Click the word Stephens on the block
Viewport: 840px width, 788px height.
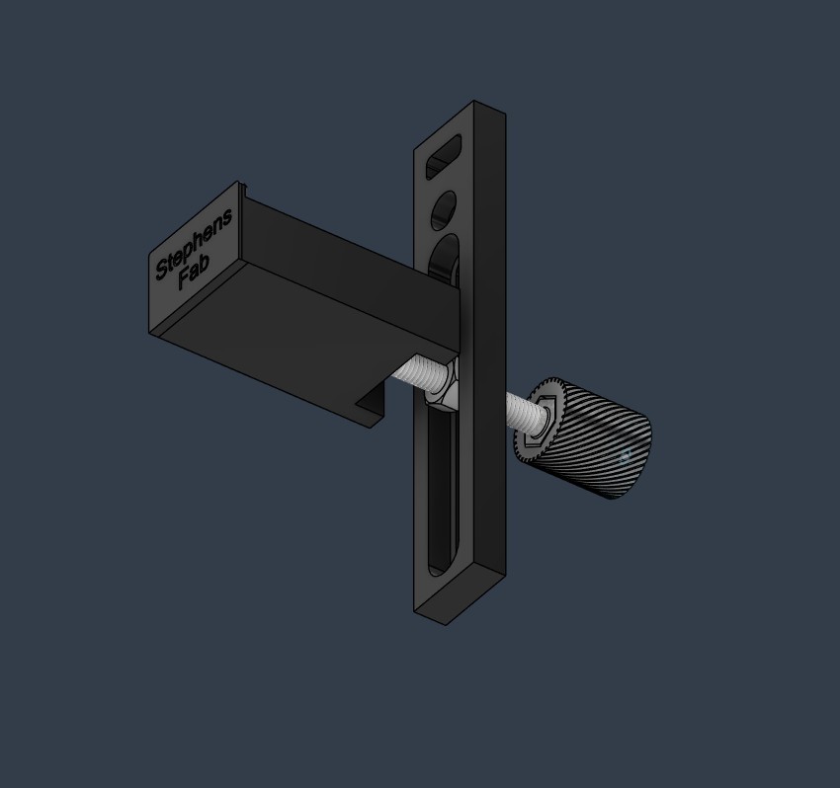coord(195,243)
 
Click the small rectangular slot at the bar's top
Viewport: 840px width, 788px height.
coord(447,158)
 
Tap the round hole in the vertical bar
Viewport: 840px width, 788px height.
coord(444,210)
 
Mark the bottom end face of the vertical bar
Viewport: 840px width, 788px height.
coord(461,596)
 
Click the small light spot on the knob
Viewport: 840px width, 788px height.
coord(624,456)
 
